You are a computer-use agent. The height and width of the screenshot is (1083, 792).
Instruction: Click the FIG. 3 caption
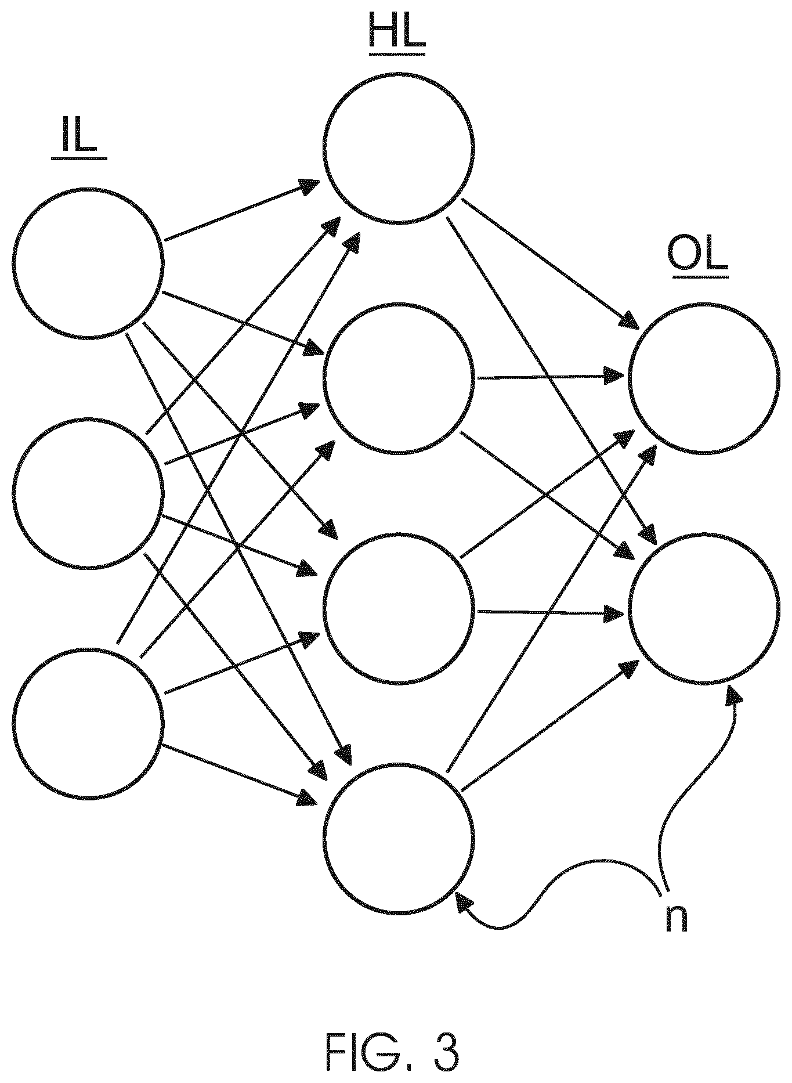[x=393, y=1052]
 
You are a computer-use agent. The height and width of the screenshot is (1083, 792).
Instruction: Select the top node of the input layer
[x=88, y=263]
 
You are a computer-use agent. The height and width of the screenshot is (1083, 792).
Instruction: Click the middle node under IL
[x=88, y=493]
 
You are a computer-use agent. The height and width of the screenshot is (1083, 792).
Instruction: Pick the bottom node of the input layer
[x=88, y=723]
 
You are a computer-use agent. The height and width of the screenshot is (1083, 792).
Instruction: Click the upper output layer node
[x=704, y=378]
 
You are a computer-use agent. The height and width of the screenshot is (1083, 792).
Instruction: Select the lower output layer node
[x=704, y=608]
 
